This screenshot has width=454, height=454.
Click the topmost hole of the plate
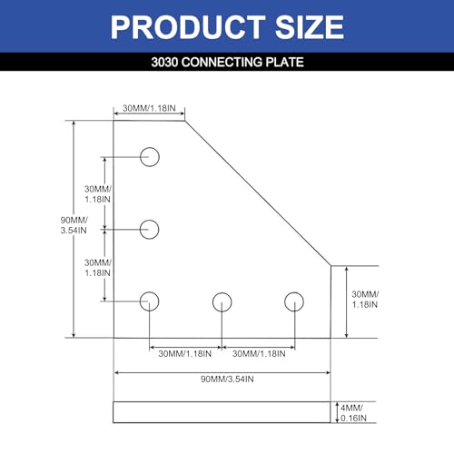click(150, 157)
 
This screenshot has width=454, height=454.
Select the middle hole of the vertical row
click(150, 229)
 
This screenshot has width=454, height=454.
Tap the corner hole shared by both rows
click(150, 301)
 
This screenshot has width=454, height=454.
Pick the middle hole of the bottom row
click(222, 301)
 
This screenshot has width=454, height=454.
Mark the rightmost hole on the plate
click(293, 301)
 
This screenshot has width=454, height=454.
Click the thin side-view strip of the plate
click(222, 412)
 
